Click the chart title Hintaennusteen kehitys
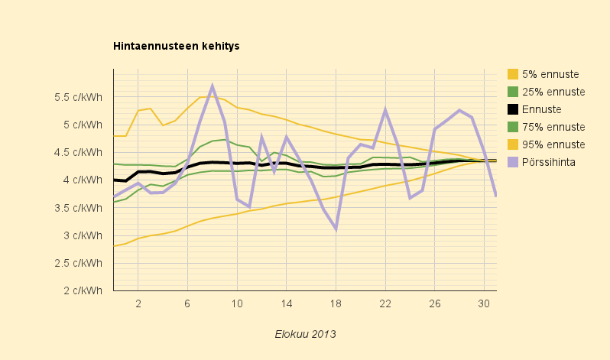177,46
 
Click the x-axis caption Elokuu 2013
305,334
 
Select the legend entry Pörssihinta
547,162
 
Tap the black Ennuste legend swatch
513,109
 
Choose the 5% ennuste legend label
550,74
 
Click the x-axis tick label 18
336,303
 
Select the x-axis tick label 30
484,303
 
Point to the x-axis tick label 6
187,303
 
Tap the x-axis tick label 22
385,303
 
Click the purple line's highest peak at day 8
213,86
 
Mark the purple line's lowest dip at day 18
336,229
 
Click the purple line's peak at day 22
385,109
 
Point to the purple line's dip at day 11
249,206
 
